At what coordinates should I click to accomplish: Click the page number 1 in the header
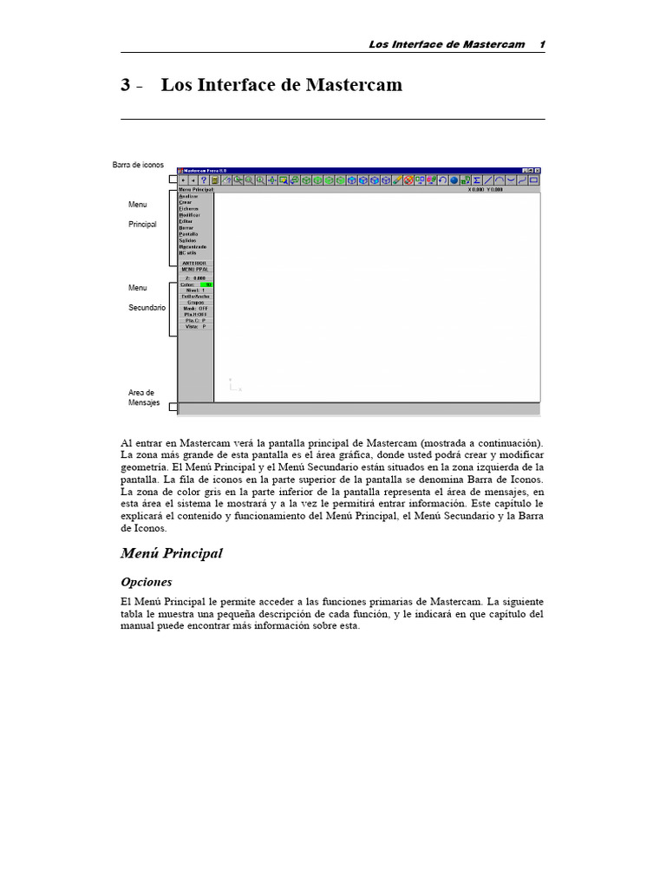pyautogui.click(x=541, y=44)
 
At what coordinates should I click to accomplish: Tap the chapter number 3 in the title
pyautogui.click(x=126, y=86)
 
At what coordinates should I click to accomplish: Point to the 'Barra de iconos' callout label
pyautogui.click(x=138, y=165)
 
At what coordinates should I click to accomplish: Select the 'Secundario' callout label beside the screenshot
pyautogui.click(x=147, y=307)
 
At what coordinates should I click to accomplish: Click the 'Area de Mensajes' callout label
pyautogui.click(x=142, y=397)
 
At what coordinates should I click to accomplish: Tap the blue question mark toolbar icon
pyautogui.click(x=203, y=180)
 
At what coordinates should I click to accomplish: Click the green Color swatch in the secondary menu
pyautogui.click(x=206, y=284)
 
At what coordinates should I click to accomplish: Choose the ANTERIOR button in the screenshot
pyautogui.click(x=195, y=263)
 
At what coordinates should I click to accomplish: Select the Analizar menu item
pyautogui.click(x=188, y=196)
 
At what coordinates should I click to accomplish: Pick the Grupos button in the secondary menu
pyautogui.click(x=195, y=302)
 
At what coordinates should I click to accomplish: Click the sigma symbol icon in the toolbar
pyautogui.click(x=477, y=180)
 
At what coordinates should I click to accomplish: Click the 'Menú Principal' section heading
pyautogui.click(x=171, y=553)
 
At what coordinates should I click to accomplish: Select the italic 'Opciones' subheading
pyautogui.click(x=146, y=582)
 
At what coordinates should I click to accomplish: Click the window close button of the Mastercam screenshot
pyautogui.click(x=538, y=170)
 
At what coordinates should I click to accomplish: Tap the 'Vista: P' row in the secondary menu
pyautogui.click(x=195, y=327)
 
